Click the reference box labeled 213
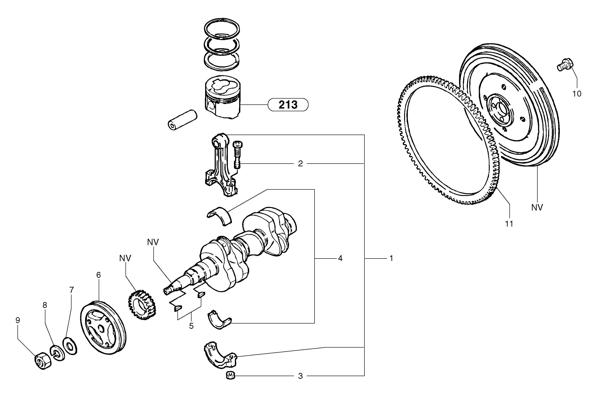288,104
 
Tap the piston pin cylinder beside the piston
182,120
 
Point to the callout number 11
509,224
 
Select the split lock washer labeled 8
57,353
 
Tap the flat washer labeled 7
70,347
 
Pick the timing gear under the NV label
142,305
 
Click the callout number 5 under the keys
191,326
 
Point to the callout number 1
391,258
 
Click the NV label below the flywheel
537,208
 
